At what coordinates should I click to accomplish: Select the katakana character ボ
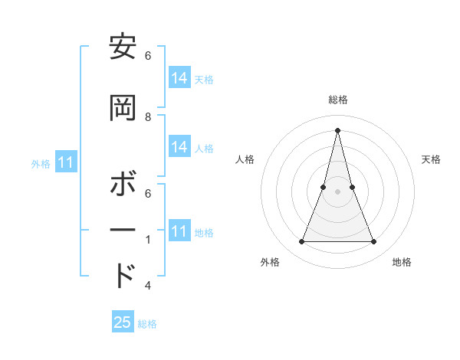[x=123, y=185]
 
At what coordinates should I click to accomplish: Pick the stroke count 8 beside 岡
[x=148, y=116]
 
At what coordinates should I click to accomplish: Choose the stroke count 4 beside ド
[x=148, y=286]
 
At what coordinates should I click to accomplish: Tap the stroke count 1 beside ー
[x=148, y=240]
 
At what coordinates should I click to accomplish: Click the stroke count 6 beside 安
[x=148, y=56]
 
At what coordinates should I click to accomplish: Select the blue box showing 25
[x=123, y=322]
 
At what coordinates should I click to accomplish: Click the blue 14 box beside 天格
[x=179, y=78]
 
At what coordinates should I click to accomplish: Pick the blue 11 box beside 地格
[x=179, y=231]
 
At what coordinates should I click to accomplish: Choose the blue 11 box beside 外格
[x=66, y=162]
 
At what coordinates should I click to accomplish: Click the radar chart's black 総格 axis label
[x=337, y=100]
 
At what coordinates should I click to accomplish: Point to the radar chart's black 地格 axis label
[x=402, y=262]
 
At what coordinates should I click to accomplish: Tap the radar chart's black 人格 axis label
[x=245, y=159]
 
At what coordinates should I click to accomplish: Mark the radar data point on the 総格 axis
[x=337, y=130]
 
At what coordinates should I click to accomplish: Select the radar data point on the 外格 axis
[x=301, y=242]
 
